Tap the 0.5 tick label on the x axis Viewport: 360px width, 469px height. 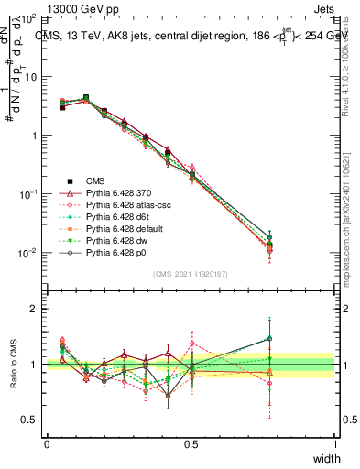coord(191,444)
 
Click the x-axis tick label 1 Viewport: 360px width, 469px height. coord(335,444)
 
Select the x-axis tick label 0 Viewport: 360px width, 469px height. coord(47,444)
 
